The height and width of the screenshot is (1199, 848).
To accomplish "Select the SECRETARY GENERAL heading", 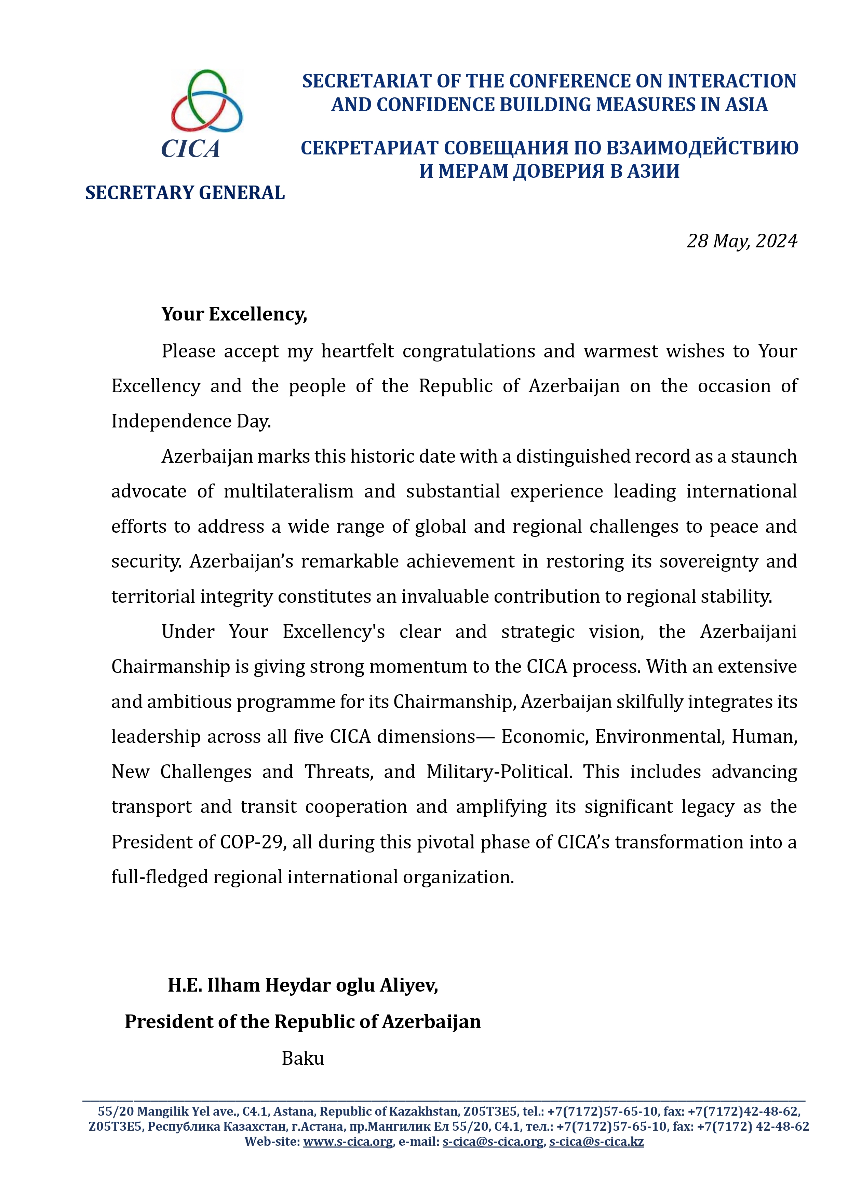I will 185,193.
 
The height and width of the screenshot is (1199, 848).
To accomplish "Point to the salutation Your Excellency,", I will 234,314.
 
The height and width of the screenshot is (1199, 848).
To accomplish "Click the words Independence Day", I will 191,421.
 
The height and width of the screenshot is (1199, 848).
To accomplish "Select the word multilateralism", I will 288,491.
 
